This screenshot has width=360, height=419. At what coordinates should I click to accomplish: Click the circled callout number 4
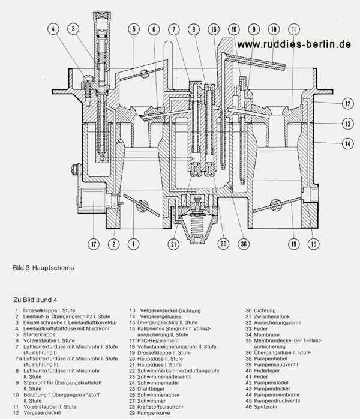(x=53, y=29)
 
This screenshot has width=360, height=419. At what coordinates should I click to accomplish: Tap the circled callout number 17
(x=94, y=244)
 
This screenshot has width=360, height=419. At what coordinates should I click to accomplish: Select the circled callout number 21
(x=173, y=244)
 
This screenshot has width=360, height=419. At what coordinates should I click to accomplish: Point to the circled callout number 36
(x=244, y=244)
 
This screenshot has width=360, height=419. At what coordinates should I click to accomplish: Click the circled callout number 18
(x=274, y=29)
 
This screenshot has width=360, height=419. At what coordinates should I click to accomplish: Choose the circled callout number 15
(x=313, y=244)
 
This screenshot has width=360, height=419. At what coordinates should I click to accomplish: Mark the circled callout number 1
(x=133, y=244)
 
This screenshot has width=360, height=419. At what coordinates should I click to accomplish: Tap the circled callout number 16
(x=214, y=29)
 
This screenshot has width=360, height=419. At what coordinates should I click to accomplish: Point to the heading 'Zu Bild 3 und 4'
(x=35, y=298)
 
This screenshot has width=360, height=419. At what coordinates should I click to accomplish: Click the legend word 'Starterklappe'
(x=41, y=334)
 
